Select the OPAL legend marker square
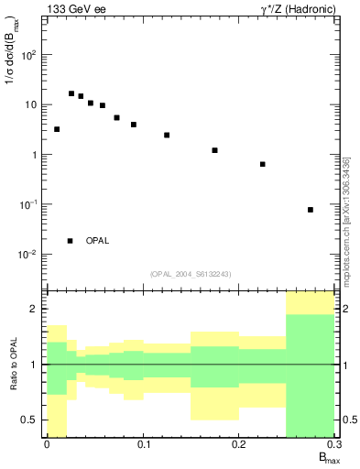point(71,241)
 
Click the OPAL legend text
point(97,241)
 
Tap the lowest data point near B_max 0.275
point(311,210)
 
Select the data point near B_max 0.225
point(263,164)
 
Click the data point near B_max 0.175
point(214,150)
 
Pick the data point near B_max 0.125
point(167,135)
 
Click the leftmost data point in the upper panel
point(57,129)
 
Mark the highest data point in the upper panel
point(71,93)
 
